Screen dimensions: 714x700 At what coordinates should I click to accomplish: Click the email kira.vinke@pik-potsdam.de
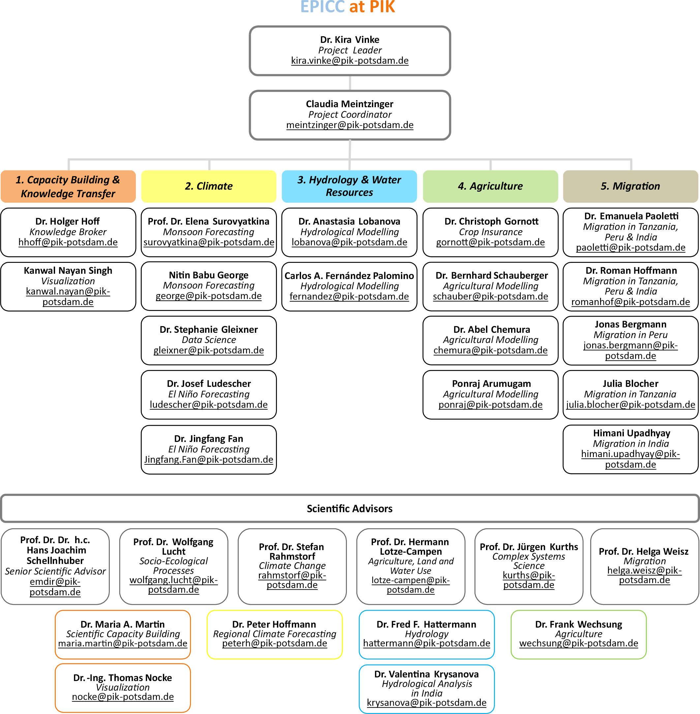point(350,61)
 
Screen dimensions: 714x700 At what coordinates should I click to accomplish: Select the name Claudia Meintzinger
point(350,104)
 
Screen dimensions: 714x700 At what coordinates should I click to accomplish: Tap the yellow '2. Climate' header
point(208,186)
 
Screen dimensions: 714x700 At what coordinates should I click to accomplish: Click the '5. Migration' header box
point(630,186)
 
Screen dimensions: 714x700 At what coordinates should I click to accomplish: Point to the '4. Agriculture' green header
point(490,186)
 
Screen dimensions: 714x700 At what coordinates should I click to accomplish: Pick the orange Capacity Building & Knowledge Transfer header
point(68,186)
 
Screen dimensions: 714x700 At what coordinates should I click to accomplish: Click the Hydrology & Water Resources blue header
point(349,186)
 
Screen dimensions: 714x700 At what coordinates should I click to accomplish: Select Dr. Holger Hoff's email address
point(68,242)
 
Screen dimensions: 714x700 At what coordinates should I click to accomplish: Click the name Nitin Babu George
point(208,275)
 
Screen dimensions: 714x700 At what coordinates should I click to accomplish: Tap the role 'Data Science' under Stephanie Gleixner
point(208,340)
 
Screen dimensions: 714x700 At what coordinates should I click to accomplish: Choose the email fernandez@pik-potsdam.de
point(349,296)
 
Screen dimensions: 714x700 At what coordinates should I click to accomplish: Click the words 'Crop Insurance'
point(490,232)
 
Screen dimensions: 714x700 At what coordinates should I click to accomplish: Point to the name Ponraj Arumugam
point(491,384)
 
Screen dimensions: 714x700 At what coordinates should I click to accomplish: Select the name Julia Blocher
point(630,384)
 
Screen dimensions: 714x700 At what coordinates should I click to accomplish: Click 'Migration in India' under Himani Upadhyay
point(630,444)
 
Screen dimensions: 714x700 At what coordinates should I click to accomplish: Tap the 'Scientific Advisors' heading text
point(350,509)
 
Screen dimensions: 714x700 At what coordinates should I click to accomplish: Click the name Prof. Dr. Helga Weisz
point(643,551)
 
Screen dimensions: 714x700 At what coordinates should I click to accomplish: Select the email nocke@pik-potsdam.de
point(123,697)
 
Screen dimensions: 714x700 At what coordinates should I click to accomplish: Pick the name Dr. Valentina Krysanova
point(426,674)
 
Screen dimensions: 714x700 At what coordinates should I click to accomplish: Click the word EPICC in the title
point(322,7)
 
